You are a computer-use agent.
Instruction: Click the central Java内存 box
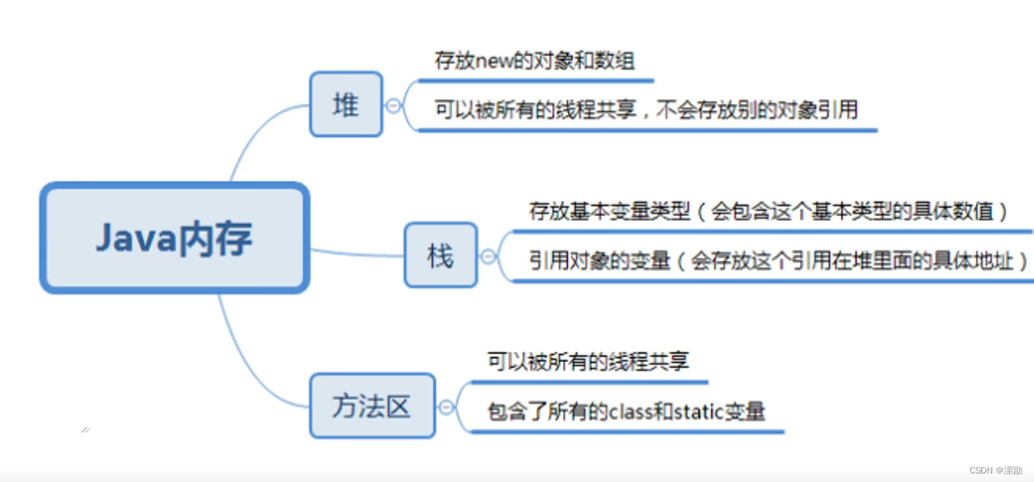pos(175,238)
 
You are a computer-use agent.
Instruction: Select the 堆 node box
pos(346,105)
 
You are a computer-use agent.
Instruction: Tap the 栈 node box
pos(440,256)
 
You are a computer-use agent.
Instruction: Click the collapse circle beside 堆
pos(394,105)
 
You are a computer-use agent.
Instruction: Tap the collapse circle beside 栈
pos(488,256)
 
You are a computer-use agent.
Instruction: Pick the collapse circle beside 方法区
pos(446,407)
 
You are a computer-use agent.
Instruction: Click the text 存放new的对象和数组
pos(534,60)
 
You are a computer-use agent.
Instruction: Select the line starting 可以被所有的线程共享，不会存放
pos(646,110)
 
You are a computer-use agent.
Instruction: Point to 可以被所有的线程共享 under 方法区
pos(588,361)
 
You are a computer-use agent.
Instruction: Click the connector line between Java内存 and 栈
pos(356,253)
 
